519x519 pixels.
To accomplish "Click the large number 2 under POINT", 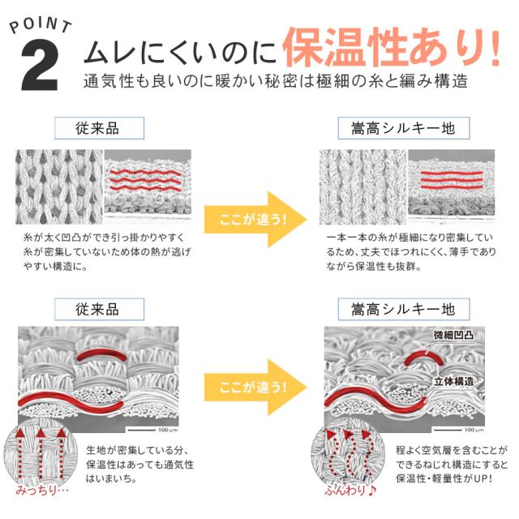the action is coord(40,65).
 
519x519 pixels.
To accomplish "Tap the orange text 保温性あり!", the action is coord(392,47).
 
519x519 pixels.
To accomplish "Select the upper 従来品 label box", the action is coord(99,128).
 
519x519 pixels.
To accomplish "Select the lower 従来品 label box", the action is coord(99,309).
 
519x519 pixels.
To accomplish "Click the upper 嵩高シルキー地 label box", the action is coord(404,128).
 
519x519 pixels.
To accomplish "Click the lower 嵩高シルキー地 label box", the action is coord(404,309).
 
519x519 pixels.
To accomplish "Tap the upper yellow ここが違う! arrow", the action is coord(255,219).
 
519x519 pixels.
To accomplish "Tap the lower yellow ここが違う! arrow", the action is coord(255,387).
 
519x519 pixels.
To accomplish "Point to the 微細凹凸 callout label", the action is coord(453,335).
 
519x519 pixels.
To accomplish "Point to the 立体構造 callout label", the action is coord(453,381).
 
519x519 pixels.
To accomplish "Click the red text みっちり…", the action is coord(41,490).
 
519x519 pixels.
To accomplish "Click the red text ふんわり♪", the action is coord(350,490).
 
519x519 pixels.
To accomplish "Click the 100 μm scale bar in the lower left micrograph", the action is coord(142,430).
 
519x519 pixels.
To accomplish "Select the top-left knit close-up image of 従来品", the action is coord(59,187).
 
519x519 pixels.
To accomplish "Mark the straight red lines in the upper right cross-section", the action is coord(452,180).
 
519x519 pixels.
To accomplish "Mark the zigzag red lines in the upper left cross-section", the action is coord(145,180).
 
